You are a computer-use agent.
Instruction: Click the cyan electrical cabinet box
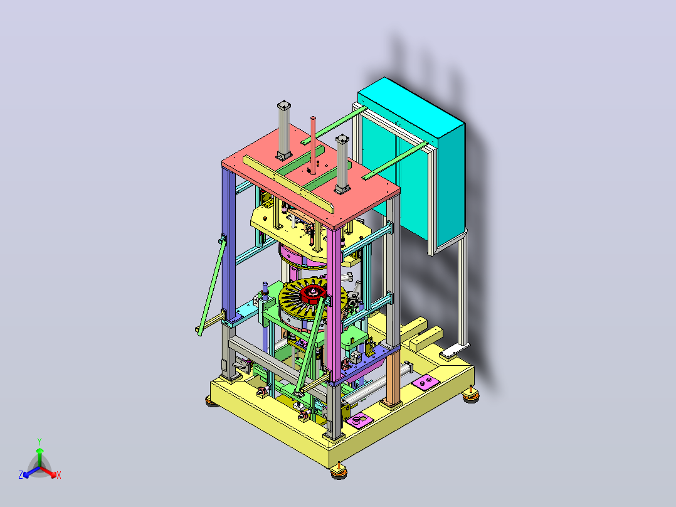click(412, 159)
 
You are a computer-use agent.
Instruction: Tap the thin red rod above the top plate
click(313, 145)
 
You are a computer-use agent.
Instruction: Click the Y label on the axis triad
click(40, 441)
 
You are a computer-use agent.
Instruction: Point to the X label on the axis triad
click(59, 475)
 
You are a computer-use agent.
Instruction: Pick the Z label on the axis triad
click(21, 475)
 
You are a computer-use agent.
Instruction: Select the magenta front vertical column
click(334, 302)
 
